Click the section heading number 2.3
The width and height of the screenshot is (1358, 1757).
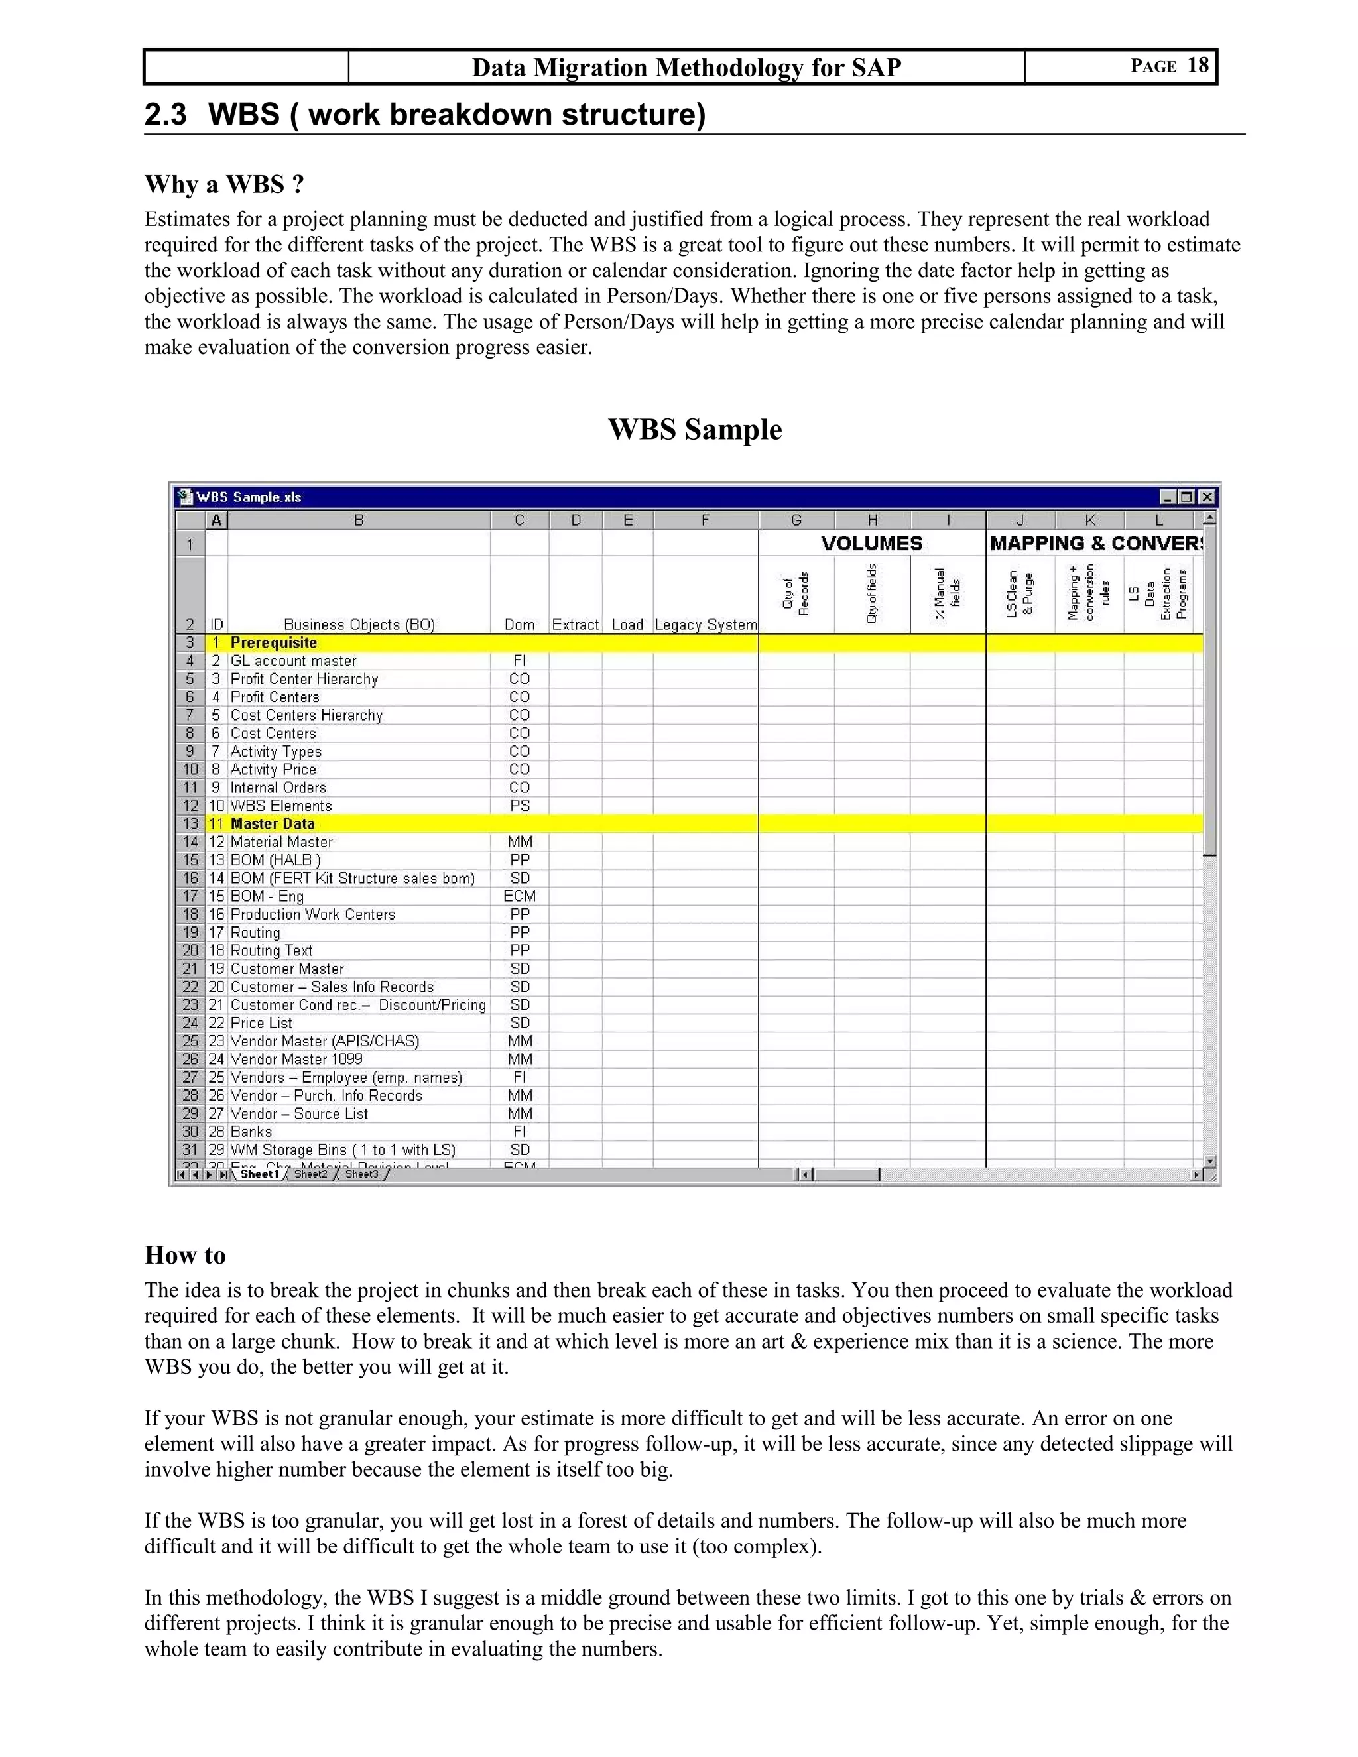tap(165, 114)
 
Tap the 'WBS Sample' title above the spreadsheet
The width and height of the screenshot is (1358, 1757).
tap(694, 429)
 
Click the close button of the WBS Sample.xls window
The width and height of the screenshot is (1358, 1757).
tap(1207, 497)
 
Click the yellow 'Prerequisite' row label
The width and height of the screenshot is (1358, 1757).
tap(274, 642)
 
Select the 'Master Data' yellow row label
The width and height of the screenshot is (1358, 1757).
tap(272, 823)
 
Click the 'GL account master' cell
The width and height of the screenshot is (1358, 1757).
tap(293, 660)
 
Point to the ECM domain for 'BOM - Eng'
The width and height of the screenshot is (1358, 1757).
tap(519, 896)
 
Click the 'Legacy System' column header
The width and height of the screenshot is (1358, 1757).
tap(706, 625)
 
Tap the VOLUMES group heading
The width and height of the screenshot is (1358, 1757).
tap(871, 543)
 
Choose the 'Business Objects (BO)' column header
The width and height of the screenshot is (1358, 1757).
tap(359, 625)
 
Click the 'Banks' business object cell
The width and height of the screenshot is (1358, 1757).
tap(251, 1131)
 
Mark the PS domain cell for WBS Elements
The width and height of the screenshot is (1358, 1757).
tap(519, 806)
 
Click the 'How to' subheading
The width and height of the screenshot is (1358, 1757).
tap(185, 1255)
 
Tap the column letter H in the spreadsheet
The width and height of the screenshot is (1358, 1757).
tap(872, 520)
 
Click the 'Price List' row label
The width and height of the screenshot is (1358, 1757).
tap(261, 1022)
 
